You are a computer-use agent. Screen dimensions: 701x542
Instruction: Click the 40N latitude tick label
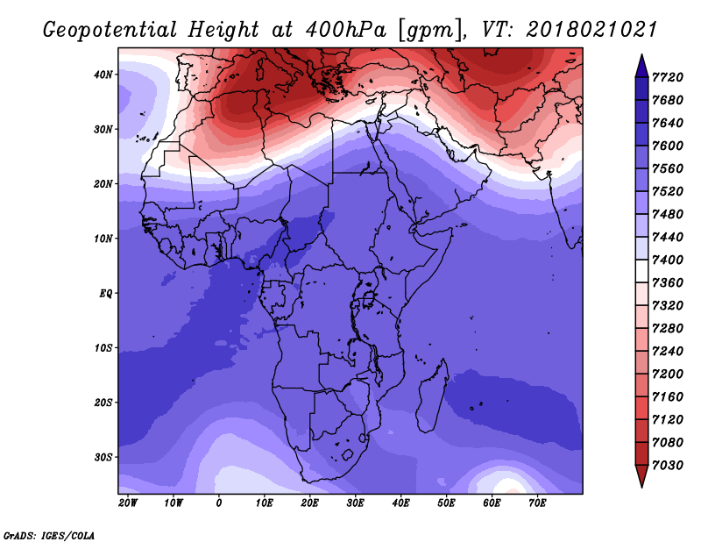point(103,75)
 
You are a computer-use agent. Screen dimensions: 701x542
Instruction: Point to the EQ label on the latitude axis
point(105,294)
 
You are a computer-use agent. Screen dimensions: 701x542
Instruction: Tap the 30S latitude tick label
point(103,458)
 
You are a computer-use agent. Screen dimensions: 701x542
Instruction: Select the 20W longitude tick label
point(128,503)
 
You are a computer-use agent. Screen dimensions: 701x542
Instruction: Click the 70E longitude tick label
point(537,503)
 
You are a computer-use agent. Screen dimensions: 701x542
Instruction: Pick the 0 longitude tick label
point(218,503)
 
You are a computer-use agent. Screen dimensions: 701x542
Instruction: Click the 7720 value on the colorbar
point(668,77)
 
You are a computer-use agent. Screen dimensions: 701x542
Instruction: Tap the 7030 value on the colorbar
point(668,466)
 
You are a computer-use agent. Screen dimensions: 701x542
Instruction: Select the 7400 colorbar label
point(668,260)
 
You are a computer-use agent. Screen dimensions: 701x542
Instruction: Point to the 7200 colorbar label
point(668,374)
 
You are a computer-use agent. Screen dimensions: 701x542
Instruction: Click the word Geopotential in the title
point(110,31)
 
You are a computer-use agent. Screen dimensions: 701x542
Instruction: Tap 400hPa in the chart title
point(345,30)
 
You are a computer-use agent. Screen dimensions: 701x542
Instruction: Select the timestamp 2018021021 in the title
point(591,30)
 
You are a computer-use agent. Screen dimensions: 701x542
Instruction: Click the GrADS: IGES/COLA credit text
point(49,536)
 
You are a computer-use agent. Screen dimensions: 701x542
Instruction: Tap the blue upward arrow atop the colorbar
point(641,66)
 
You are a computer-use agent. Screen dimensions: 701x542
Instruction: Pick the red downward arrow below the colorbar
point(641,476)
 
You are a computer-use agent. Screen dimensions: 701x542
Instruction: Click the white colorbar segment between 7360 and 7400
point(641,271)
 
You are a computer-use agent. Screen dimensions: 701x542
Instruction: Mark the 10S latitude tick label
point(103,348)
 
